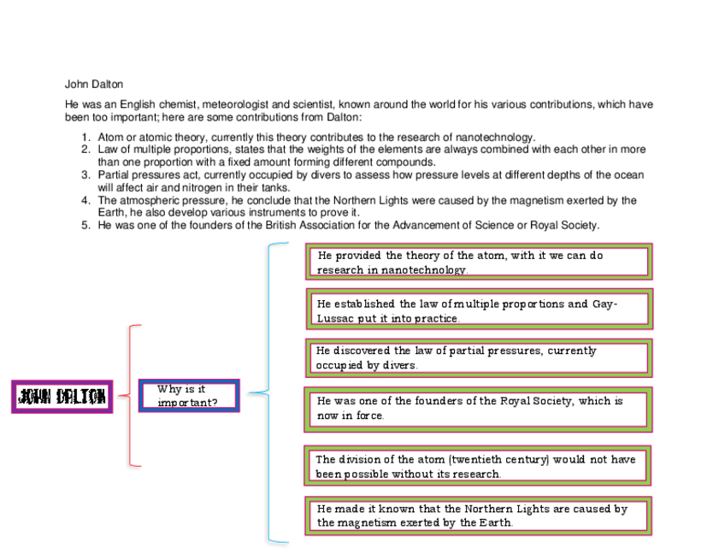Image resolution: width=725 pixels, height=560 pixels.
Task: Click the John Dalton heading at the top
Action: tap(94, 84)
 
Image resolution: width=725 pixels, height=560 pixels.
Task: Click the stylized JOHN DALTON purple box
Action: tap(62, 396)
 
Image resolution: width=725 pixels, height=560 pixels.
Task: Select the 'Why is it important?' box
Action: tap(189, 395)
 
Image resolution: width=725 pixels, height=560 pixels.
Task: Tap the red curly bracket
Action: tap(131, 395)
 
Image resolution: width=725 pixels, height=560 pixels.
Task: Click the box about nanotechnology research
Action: tap(478, 262)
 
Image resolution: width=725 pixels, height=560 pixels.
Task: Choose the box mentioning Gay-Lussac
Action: tap(478, 309)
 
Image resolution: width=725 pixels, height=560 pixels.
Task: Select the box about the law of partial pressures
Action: tap(478, 357)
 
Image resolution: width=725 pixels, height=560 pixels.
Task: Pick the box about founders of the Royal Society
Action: tap(478, 408)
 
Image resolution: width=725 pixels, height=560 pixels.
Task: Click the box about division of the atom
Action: tap(478, 466)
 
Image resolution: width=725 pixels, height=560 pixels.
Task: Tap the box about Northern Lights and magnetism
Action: tap(478, 515)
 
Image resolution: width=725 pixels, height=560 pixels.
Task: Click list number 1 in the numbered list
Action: tap(86, 138)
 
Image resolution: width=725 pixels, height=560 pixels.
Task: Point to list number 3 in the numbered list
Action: tap(86, 175)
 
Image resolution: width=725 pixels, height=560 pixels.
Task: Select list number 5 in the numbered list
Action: tap(86, 226)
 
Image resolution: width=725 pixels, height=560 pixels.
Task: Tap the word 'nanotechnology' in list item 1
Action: tap(497, 138)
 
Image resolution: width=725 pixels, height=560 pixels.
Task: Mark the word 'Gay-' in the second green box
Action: tap(604, 304)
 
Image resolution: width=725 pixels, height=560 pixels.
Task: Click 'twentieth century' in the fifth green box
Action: tap(498, 459)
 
